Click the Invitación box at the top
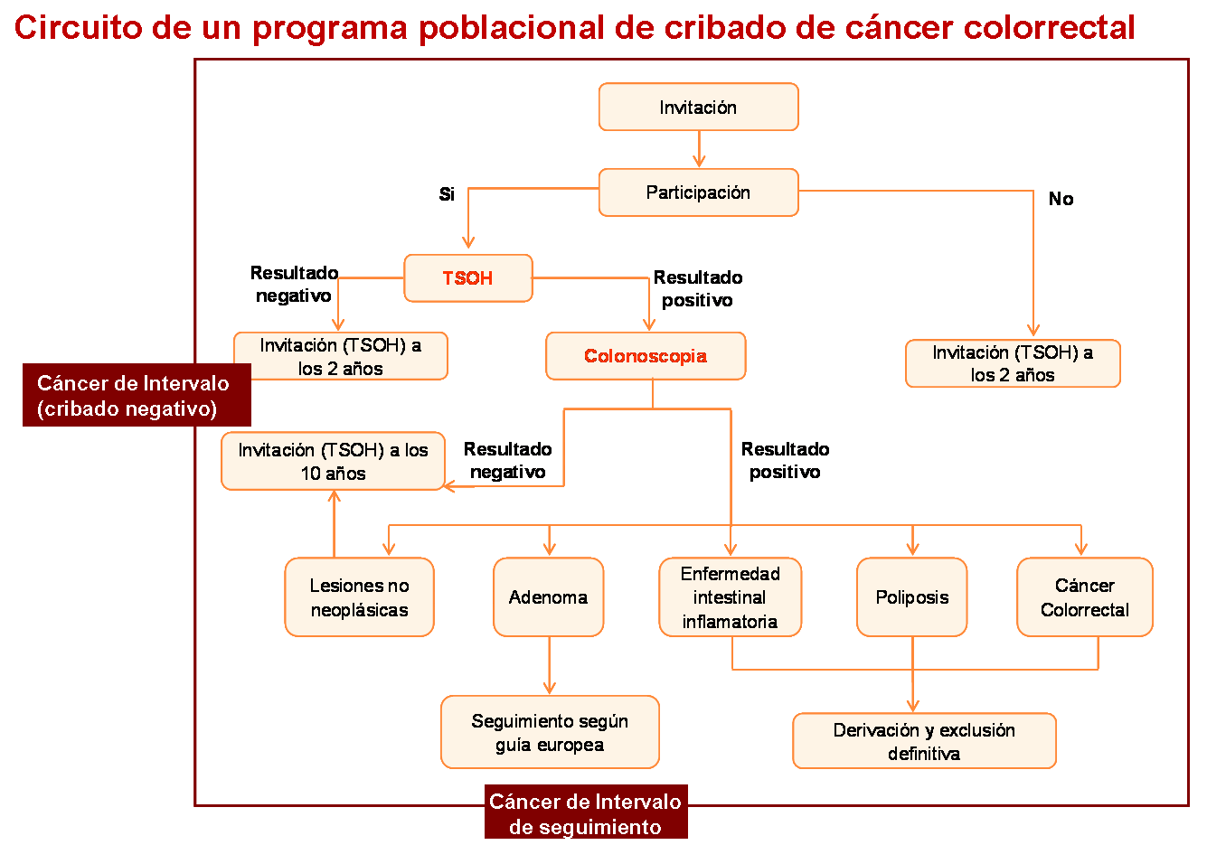pyautogui.click(x=698, y=107)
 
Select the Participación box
pyautogui.click(x=698, y=192)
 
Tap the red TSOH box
pyautogui.click(x=468, y=277)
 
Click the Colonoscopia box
pyautogui.click(x=646, y=355)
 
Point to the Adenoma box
pyautogui.click(x=549, y=596)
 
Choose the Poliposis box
pyautogui.click(x=911, y=596)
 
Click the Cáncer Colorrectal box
pyautogui.click(x=1085, y=596)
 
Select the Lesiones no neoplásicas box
pyautogui.click(x=360, y=596)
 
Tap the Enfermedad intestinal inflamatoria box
pyautogui.click(x=731, y=596)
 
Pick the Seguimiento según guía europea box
pyautogui.click(x=550, y=732)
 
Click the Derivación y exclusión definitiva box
pyautogui.click(x=924, y=740)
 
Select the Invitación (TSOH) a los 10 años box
pyautogui.click(x=333, y=461)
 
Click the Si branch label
pyautogui.click(x=447, y=194)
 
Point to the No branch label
pyautogui.click(x=1061, y=199)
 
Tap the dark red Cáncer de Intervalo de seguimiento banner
pyautogui.click(x=586, y=812)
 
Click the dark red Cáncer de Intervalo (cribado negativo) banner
pyautogui.click(x=137, y=395)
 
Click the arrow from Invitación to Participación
pyautogui.click(x=699, y=149)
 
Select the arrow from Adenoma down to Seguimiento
pyautogui.click(x=549, y=666)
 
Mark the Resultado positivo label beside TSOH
pyautogui.click(x=698, y=288)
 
